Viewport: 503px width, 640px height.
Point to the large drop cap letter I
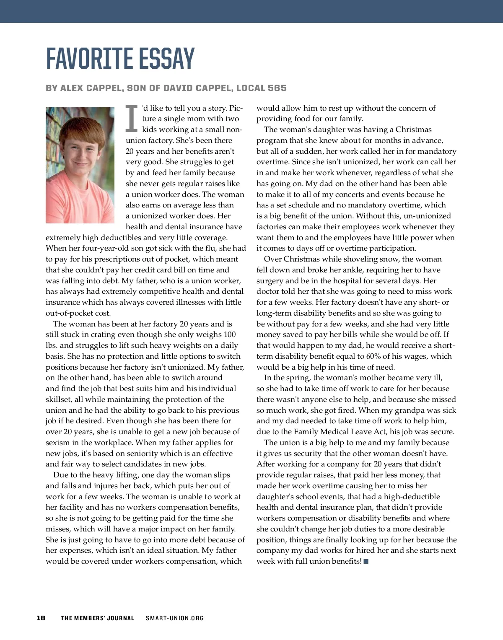132,117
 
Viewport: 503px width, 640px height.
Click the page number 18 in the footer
41,618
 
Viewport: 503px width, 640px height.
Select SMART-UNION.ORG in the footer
175,618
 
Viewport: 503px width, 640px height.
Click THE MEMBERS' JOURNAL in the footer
98,618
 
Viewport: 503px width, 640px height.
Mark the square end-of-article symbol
366,561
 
